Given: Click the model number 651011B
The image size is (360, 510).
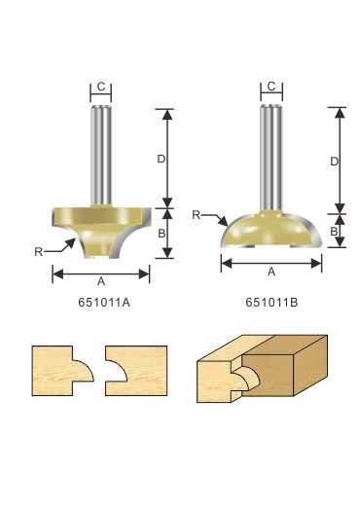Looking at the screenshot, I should tap(271, 302).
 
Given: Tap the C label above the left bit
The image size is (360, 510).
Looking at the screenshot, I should tap(101, 88).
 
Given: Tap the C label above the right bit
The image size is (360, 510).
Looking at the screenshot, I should tap(271, 88).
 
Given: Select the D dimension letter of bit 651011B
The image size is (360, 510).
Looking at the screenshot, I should tap(333, 162).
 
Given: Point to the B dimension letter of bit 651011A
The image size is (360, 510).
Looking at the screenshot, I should tap(162, 234).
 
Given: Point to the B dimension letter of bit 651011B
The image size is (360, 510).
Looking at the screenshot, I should tap(333, 232).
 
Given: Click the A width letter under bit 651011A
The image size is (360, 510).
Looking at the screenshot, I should tap(101, 280).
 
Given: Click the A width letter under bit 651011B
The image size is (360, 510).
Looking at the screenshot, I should tap(271, 272).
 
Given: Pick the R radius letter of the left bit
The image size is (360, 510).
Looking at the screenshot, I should tap(38, 251).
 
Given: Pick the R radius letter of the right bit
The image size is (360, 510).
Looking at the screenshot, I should tap(197, 214).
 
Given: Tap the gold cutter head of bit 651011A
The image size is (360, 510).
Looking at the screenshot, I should tap(101, 226).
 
